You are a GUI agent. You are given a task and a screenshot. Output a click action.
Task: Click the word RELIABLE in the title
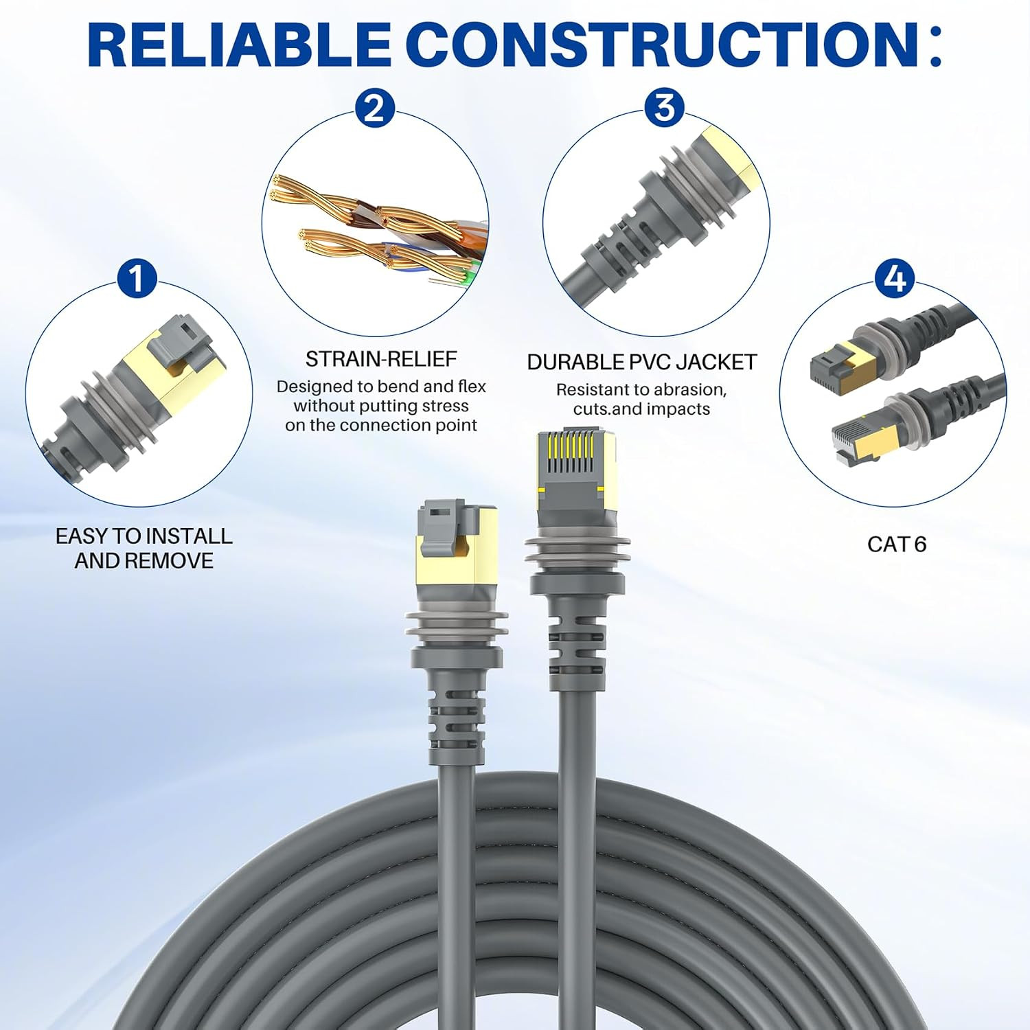[x=239, y=45]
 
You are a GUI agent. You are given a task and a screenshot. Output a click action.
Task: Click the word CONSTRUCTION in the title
[x=663, y=45]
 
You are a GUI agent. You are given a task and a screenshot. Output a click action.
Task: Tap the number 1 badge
[x=137, y=278]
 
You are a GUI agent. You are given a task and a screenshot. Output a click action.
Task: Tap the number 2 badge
[x=375, y=108]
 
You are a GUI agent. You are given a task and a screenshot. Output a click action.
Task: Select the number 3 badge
[x=664, y=108]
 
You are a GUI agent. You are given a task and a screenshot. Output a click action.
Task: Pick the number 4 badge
[x=895, y=278]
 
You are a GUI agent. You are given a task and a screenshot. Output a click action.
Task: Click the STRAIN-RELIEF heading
[x=381, y=358]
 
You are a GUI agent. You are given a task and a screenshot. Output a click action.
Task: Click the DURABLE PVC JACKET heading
[x=642, y=362]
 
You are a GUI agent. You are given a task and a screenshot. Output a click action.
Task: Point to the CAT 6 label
[x=897, y=545]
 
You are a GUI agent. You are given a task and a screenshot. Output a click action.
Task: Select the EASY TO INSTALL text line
[x=144, y=536]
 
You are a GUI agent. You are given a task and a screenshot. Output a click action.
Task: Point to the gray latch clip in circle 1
[x=184, y=339]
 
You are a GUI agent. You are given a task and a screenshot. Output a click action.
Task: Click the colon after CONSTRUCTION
[x=935, y=45]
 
